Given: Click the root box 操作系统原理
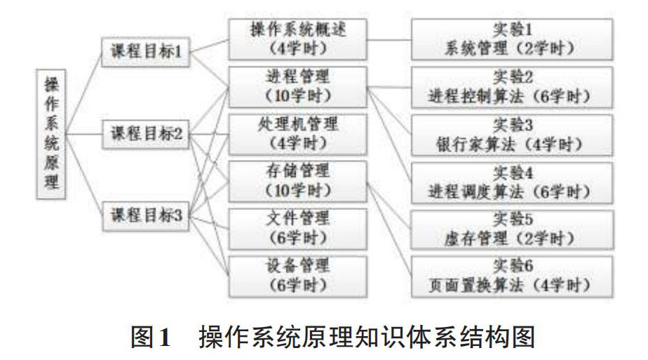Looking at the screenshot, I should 51,133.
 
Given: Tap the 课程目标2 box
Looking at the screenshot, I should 147,133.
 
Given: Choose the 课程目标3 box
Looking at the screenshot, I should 147,215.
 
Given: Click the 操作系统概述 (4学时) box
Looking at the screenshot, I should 297,39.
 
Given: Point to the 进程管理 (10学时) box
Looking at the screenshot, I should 297,86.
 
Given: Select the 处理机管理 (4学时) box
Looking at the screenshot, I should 297,133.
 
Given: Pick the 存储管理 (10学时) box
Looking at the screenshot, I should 297,180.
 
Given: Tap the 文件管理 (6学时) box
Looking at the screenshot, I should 297,227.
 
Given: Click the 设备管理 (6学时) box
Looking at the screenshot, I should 297,275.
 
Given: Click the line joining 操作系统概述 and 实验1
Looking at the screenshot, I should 389,39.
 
